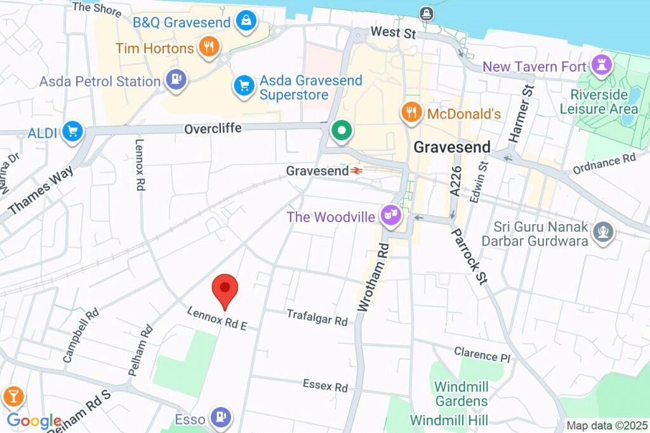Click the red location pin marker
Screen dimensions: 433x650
[224, 289]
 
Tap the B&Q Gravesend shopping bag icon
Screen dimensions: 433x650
[244, 22]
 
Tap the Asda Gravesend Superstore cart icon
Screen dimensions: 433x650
[243, 86]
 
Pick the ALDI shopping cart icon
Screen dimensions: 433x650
[73, 132]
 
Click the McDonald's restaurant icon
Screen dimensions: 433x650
[411, 113]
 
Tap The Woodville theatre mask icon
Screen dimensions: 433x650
[390, 216]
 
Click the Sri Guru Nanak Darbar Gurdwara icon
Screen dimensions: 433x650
[602, 232]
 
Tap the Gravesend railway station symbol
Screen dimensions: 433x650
[357, 171]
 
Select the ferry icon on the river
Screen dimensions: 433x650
[427, 13]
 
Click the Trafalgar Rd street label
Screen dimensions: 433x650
[317, 317]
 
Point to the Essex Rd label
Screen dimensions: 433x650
[325, 385]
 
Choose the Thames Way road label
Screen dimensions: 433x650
[41, 189]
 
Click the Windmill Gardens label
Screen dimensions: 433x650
[461, 393]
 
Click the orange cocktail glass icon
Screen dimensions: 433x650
[12, 397]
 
